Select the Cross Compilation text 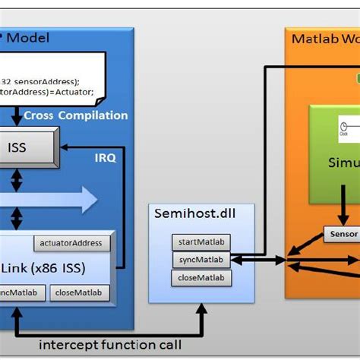click(x=76, y=115)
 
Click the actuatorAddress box click(x=72, y=243)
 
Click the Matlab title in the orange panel click(x=311, y=39)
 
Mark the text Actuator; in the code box click(x=73, y=92)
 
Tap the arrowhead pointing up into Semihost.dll click(x=202, y=308)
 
